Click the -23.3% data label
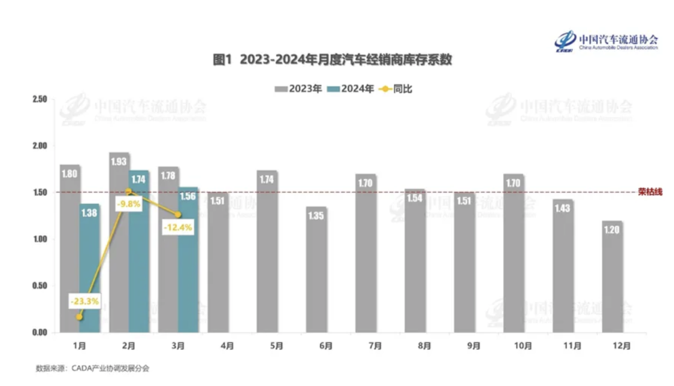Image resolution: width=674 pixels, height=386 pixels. click(x=85, y=301)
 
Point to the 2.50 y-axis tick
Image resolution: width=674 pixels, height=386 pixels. click(x=40, y=99)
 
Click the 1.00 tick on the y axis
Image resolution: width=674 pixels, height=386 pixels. click(x=40, y=239)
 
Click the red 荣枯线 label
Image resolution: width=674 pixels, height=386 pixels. click(x=650, y=192)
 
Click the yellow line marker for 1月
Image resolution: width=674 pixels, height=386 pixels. click(x=80, y=317)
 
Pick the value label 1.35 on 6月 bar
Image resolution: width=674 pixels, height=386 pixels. click(x=316, y=217)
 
